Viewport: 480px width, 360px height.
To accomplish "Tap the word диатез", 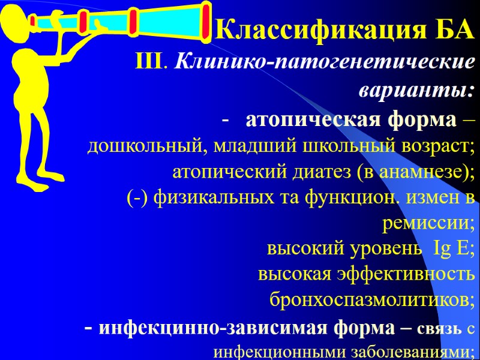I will tap(320, 172).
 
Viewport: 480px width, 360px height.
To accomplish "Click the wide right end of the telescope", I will tap(205, 17).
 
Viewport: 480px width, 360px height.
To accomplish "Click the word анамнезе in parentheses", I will tap(420, 172).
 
